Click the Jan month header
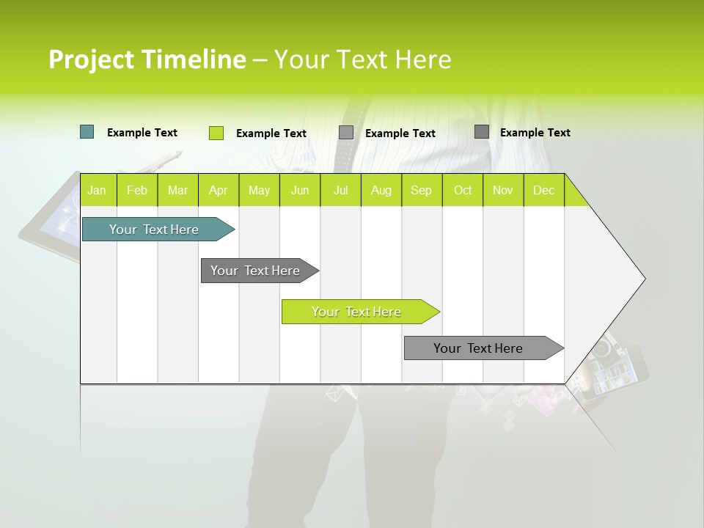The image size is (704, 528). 97,190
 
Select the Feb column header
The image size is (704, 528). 137,190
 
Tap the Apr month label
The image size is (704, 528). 218,190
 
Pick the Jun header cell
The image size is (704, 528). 300,190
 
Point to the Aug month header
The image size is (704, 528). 381,190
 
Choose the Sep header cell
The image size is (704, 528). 421,190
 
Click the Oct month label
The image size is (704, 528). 463,190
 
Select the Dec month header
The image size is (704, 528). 543,190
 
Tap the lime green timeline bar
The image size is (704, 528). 357,312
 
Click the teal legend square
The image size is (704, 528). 87,132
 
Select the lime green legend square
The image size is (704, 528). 216,133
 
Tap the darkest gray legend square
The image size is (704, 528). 482,132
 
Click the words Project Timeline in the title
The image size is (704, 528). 147,59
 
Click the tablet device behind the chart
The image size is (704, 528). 51,220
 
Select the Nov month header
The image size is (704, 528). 503,190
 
